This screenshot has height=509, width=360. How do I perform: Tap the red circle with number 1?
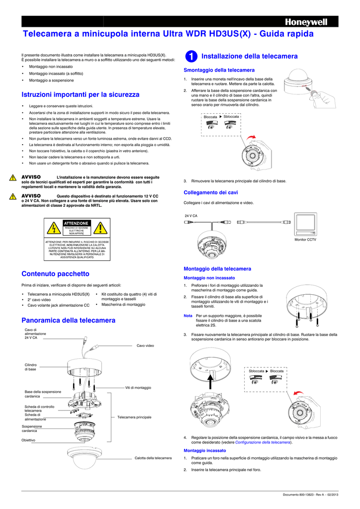(x=192, y=57)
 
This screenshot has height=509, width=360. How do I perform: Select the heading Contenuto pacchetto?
(x=55, y=273)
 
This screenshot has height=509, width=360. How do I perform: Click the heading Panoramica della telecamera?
(x=68, y=320)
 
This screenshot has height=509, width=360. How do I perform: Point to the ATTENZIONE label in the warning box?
(x=76, y=223)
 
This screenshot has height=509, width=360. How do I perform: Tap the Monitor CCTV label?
(x=305, y=240)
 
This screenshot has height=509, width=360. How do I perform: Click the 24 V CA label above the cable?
(x=191, y=216)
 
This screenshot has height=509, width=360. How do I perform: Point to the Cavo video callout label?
(x=145, y=345)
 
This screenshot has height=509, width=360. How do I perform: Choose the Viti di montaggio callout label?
(x=138, y=387)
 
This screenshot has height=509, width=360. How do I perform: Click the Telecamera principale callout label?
(x=134, y=417)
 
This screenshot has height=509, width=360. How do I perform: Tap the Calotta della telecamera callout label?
(x=153, y=458)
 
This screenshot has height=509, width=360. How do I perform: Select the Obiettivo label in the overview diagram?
(x=28, y=440)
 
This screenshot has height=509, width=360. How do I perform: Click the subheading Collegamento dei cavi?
(x=211, y=192)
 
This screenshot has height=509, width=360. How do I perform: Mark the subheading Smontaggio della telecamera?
(x=219, y=70)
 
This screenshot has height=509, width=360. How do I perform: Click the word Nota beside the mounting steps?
(x=188, y=316)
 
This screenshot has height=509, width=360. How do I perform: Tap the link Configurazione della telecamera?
(x=263, y=442)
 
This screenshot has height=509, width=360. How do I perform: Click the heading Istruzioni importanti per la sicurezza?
(x=81, y=94)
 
